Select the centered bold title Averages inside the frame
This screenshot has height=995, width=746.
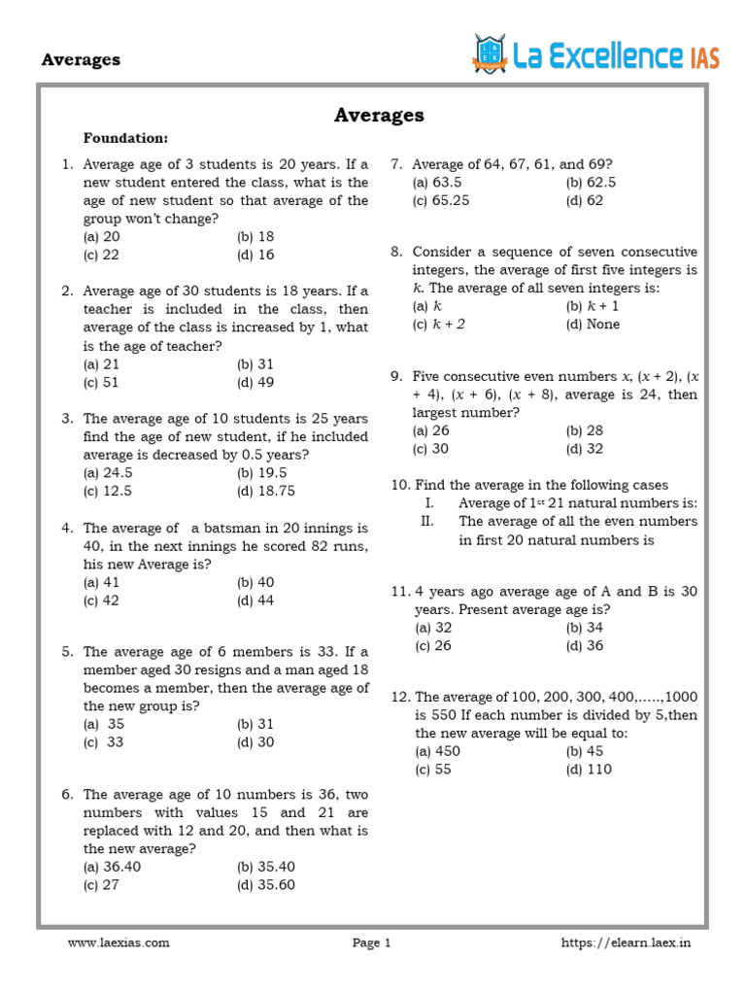pyautogui.click(x=379, y=115)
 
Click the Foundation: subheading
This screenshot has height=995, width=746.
pyautogui.click(x=126, y=138)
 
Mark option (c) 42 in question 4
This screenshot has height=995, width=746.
pyautogui.click(x=102, y=600)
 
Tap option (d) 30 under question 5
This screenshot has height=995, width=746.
pyautogui.click(x=255, y=742)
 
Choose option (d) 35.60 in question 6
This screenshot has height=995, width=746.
pyautogui.click(x=265, y=884)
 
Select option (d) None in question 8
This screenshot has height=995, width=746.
pyautogui.click(x=593, y=324)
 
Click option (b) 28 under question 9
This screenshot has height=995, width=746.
pyautogui.click(x=584, y=430)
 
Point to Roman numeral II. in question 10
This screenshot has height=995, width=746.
pyautogui.click(x=427, y=521)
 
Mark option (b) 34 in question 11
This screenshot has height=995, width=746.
pyautogui.click(x=584, y=628)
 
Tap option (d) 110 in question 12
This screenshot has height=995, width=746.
pyautogui.click(x=589, y=770)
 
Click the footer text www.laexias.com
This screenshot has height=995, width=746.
pyautogui.click(x=119, y=943)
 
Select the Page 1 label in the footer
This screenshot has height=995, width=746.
pyautogui.click(x=371, y=943)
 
